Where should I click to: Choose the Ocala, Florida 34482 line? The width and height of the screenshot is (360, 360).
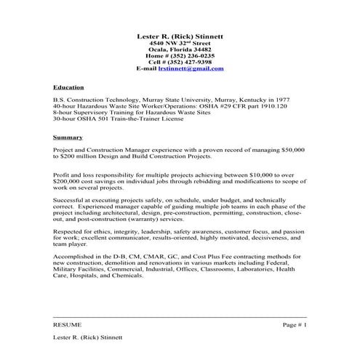[x=180, y=49]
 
